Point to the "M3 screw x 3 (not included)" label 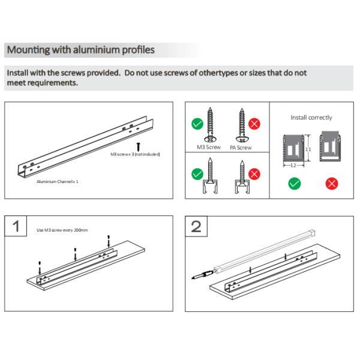[135, 154]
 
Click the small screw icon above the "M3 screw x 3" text [139, 145]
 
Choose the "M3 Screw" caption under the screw [209, 147]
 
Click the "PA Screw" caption [240, 147]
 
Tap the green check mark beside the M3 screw [196, 124]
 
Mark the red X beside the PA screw [254, 124]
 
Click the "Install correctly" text [311, 118]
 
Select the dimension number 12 [292, 164]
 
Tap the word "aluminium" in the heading [94, 50]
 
